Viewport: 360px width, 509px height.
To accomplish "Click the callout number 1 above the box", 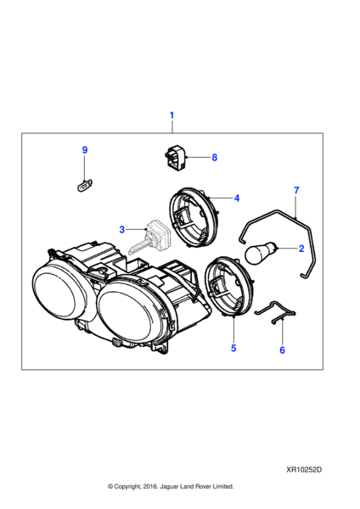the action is (x=172, y=115).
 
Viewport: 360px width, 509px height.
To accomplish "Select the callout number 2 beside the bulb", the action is (x=301, y=249).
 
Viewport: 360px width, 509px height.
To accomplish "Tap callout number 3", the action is (x=122, y=230).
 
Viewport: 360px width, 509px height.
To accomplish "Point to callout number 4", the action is (x=237, y=198).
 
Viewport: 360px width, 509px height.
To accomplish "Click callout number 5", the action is (x=233, y=348).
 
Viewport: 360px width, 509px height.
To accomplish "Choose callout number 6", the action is (x=282, y=350).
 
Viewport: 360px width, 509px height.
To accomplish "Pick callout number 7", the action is (x=296, y=190).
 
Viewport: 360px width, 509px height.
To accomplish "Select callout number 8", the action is (x=215, y=158).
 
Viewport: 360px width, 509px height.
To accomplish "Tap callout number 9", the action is (x=84, y=150).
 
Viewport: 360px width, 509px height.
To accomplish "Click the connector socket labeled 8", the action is (x=175, y=158).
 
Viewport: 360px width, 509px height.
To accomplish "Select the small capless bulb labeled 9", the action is (x=83, y=187).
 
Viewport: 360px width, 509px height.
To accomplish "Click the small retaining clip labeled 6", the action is (x=275, y=312).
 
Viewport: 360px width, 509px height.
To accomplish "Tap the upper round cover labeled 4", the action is (x=194, y=217).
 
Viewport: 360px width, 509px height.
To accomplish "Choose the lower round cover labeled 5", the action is (x=228, y=285).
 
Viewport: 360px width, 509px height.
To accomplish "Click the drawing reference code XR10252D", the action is (x=304, y=470).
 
